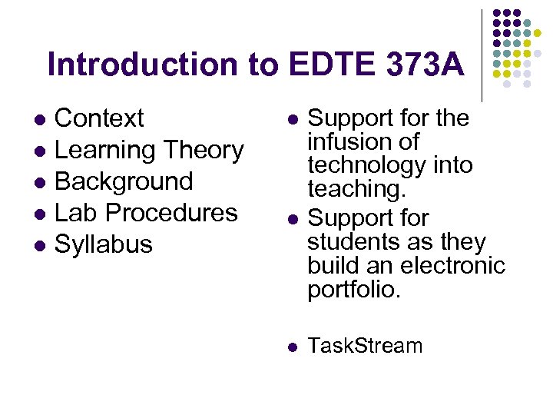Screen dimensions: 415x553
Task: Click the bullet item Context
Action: click(99, 118)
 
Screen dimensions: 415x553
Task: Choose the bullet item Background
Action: click(124, 181)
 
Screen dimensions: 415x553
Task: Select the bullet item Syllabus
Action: click(104, 244)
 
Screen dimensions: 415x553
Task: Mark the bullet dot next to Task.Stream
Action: click(292, 347)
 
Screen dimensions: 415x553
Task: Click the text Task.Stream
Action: click(365, 346)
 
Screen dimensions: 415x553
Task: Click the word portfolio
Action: click(354, 289)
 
